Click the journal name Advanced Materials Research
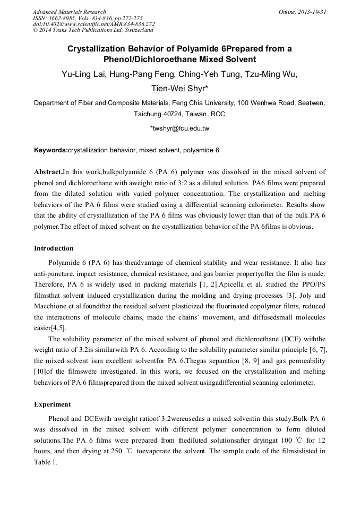69,12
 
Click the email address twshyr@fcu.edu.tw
180,128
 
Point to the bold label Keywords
50,151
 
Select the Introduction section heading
54,248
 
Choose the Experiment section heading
52,404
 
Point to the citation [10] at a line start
40,383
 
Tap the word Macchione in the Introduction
55,313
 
